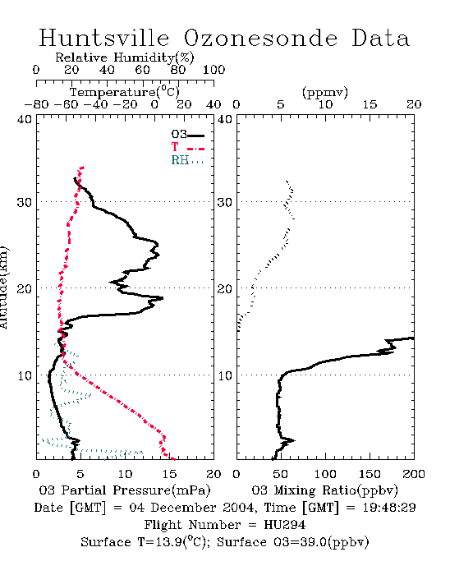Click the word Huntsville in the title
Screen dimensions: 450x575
pos(104,38)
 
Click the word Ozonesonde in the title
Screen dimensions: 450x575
pos(260,38)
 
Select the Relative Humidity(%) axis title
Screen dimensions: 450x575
pos(125,57)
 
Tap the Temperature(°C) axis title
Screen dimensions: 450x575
pos(125,92)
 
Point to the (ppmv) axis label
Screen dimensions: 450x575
pos(324,92)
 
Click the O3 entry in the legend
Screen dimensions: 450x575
pos(187,135)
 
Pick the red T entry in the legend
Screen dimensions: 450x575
pos(187,147)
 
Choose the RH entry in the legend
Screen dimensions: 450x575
pos(187,160)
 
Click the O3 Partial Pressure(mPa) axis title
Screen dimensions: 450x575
pos(125,490)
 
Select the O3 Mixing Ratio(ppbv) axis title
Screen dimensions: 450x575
pos(324,490)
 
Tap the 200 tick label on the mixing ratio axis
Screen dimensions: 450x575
pos(414,474)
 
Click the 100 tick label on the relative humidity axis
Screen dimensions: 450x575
pos(214,70)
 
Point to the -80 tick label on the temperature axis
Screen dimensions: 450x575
pos(36,104)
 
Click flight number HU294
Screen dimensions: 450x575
pos(285,525)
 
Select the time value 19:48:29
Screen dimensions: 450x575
pos(389,508)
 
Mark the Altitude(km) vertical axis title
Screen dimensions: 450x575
pos(3,287)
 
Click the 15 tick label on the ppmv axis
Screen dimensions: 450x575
pos(370,104)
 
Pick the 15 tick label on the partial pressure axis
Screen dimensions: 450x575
pos(169,474)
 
